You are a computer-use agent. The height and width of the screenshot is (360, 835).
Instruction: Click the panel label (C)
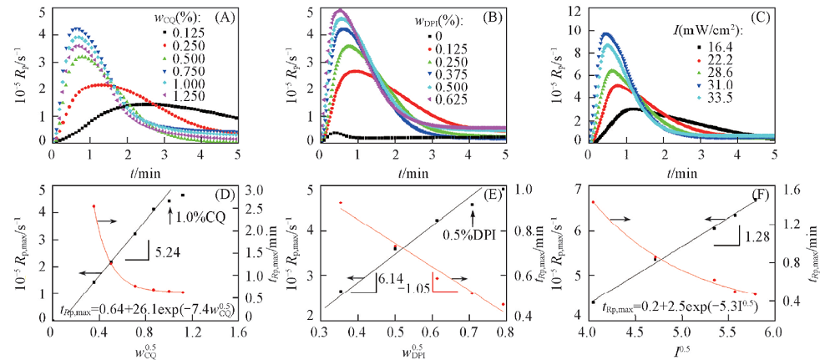(x=759, y=16)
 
